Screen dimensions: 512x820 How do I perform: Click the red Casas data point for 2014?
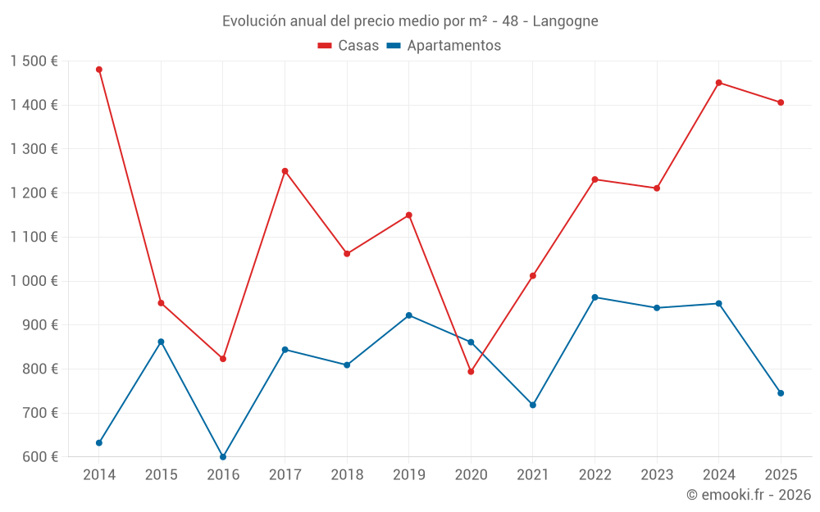99,70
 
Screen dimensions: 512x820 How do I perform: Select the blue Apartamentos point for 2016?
223,456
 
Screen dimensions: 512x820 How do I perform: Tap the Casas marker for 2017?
285,171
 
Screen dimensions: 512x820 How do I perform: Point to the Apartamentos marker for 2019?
408,315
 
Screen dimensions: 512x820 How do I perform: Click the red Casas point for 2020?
471,372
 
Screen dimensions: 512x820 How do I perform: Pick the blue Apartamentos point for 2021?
533,405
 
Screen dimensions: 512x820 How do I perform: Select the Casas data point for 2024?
718,83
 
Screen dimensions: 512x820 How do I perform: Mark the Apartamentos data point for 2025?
781,393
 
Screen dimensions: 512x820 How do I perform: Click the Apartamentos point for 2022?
594,297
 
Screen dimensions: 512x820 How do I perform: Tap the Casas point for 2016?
223,359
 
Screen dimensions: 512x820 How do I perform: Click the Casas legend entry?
348,46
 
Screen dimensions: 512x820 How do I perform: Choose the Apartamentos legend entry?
444,46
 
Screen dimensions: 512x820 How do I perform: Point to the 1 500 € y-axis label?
34,61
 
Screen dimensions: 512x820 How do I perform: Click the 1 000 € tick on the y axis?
34,281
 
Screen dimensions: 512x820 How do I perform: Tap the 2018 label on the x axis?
347,475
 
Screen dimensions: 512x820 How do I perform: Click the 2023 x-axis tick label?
657,475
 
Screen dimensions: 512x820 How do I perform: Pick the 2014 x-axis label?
99,475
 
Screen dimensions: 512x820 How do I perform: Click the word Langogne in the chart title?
565,20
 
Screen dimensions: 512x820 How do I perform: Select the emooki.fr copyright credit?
749,495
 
